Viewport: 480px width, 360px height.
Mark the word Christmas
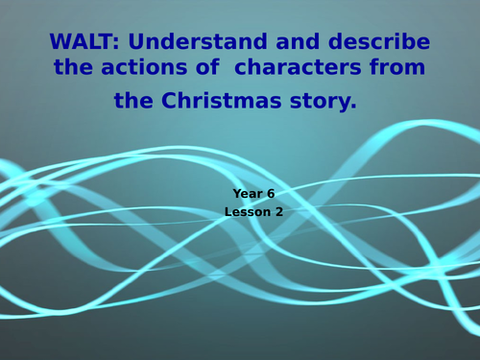[225, 100]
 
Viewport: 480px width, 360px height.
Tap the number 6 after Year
[271, 193]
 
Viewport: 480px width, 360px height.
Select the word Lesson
[248, 211]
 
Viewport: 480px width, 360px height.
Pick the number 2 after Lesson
[279, 211]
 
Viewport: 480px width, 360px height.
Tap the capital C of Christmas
[175, 100]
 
